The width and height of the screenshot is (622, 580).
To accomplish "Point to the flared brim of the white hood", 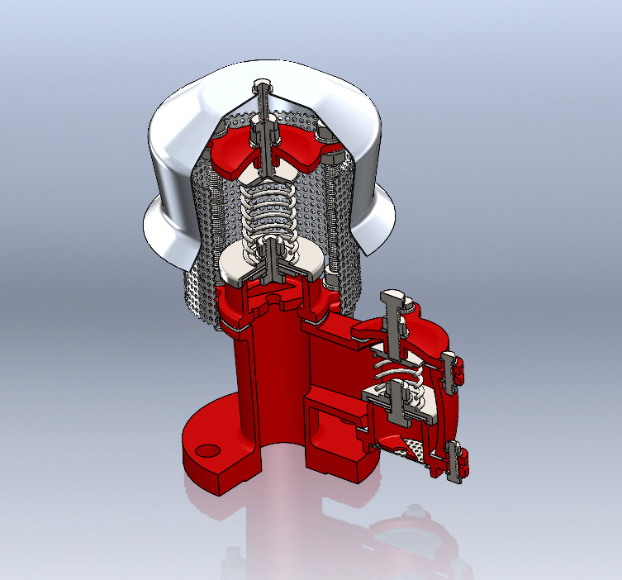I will (x=165, y=231).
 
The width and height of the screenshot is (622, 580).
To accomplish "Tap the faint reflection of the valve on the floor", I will (x=405, y=537).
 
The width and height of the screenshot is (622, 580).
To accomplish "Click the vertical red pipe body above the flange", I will (x=264, y=372).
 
